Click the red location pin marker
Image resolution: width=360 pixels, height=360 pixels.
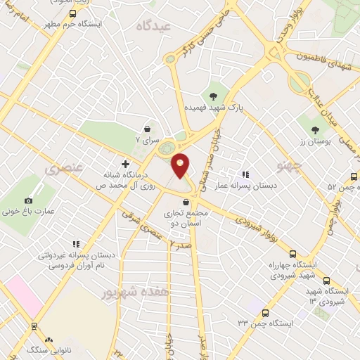point(181,165)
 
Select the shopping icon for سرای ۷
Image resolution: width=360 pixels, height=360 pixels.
point(147,129)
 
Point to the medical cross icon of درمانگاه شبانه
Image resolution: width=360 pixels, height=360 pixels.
point(125,163)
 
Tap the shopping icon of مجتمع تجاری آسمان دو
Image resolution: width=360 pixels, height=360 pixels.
point(186,202)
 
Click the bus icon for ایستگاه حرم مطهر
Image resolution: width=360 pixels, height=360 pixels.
point(72,13)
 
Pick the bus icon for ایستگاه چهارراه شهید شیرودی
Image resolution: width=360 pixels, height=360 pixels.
point(292,254)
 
